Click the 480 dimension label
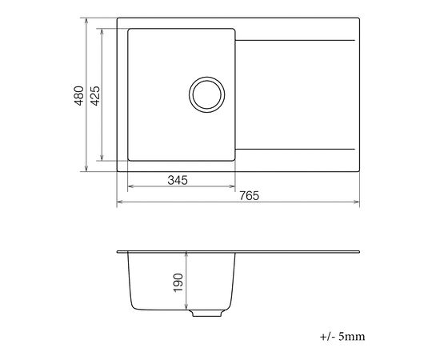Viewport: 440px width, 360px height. (79, 96)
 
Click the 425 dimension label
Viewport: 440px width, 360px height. (95, 96)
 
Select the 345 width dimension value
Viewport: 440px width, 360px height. (178, 180)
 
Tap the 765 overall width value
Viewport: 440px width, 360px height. (249, 196)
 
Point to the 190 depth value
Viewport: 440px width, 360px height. (178, 283)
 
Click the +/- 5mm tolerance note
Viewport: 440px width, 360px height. (342, 336)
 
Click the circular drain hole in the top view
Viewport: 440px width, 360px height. (207, 94)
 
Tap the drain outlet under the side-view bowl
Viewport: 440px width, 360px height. (207, 313)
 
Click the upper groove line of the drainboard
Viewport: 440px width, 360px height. (295, 41)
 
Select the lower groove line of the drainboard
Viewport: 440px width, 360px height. (295, 149)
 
